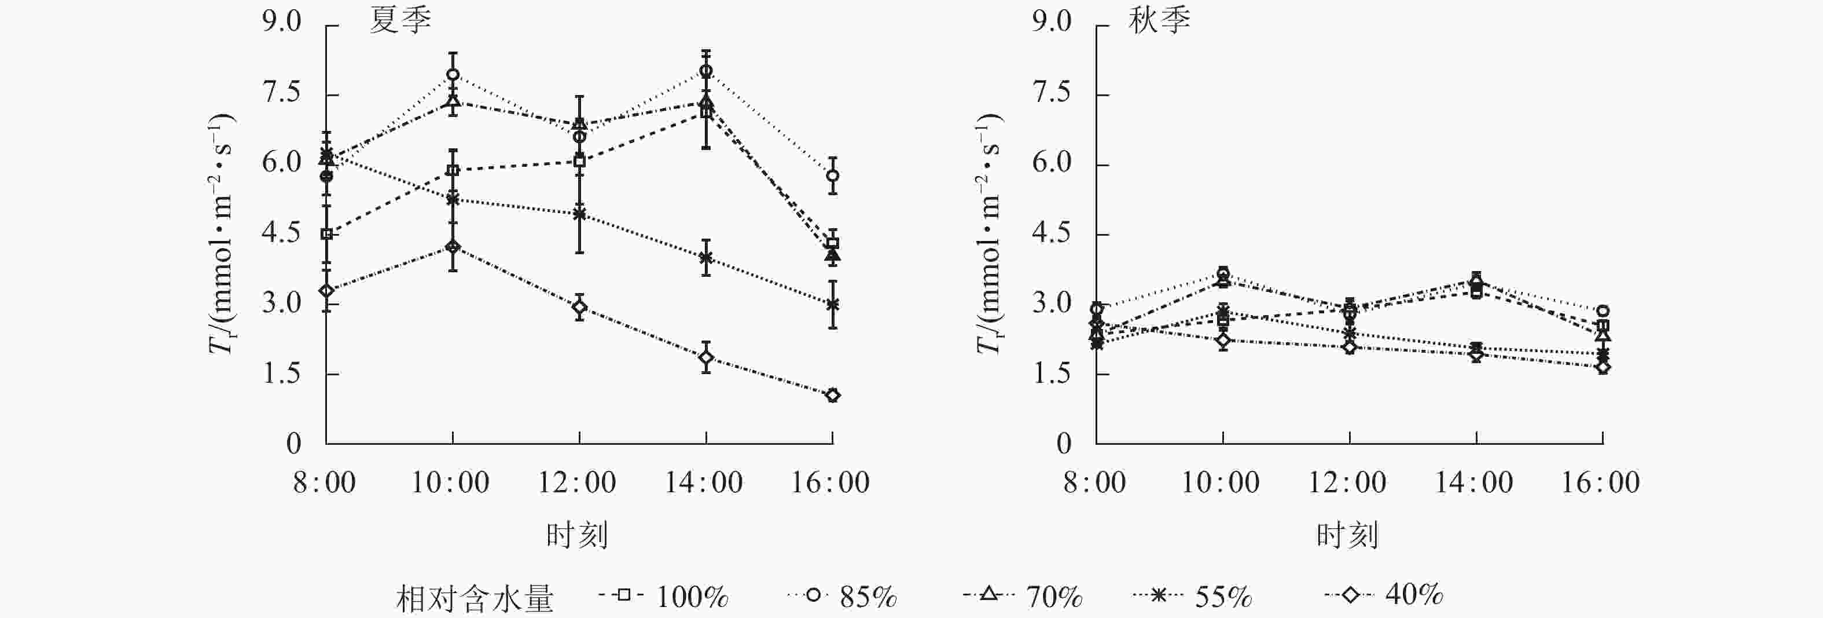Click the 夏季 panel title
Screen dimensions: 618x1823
400,21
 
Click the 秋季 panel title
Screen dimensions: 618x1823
1159,21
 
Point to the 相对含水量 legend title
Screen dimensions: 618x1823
474,599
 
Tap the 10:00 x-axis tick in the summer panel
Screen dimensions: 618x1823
451,483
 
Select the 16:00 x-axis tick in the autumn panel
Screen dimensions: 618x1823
1601,483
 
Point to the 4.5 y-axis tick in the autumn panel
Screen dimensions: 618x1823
1052,233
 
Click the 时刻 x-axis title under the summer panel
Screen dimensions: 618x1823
577,535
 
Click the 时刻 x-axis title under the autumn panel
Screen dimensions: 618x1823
1347,535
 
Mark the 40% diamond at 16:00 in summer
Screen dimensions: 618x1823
832,395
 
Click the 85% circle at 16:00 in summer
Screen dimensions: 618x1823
832,175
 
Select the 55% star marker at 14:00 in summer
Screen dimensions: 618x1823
705,258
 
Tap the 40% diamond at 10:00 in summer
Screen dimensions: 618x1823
452,246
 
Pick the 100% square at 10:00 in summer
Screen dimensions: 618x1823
452,171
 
